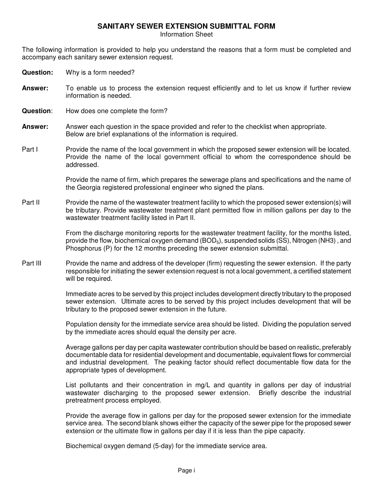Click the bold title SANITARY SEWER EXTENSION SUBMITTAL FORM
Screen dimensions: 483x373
coord(186,26)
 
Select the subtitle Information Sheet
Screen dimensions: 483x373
coord(186,35)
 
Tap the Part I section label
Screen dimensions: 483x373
coord(30,150)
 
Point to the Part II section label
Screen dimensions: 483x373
coord(31,203)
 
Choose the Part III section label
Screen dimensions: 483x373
coord(31,263)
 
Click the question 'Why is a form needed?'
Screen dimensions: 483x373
coord(100,73)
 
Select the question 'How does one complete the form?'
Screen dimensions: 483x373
coord(117,111)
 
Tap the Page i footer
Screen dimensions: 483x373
coord(186,470)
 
